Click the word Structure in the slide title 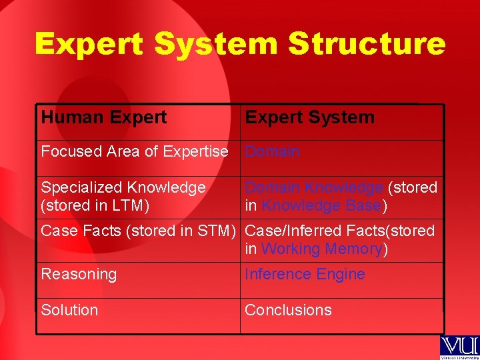367,44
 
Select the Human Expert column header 104,118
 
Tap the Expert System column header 309,118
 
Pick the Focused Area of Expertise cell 135,152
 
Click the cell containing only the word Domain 272,152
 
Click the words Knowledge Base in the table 321,206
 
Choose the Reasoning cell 79,275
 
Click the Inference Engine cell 305,275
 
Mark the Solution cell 69,311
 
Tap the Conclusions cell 288,311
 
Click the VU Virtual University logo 459,347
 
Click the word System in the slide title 216,44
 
